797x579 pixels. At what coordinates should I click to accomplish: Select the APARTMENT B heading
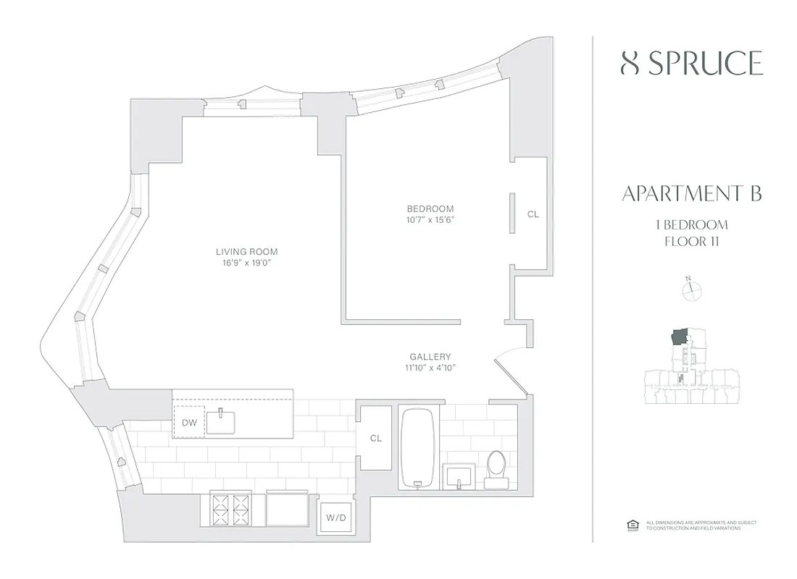click(x=692, y=194)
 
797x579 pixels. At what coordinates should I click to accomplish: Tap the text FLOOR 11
click(x=691, y=241)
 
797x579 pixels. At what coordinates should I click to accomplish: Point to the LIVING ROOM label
click(x=246, y=252)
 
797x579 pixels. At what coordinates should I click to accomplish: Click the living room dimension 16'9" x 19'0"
click(x=246, y=263)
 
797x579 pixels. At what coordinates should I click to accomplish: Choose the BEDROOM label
click(x=430, y=209)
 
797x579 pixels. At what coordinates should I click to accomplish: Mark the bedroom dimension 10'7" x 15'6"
click(x=430, y=220)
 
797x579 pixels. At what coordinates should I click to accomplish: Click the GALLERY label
click(x=430, y=357)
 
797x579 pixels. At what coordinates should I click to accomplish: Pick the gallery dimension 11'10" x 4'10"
click(x=430, y=368)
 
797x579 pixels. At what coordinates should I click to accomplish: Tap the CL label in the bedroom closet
click(x=533, y=214)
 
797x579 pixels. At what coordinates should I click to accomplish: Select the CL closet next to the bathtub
click(x=375, y=439)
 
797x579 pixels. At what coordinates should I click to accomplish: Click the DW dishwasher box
click(x=188, y=421)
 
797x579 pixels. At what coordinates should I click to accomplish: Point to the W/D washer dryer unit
click(x=335, y=517)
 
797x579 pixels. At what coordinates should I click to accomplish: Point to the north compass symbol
click(x=693, y=289)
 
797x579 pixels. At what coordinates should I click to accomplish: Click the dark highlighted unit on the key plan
click(x=680, y=337)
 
